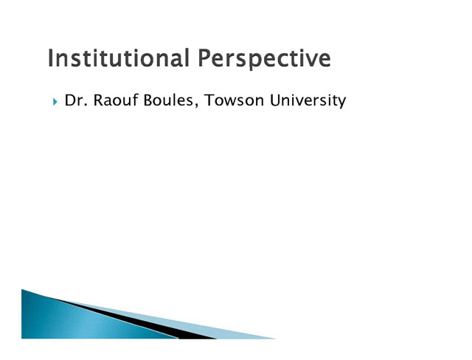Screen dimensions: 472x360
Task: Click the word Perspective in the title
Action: click(x=265, y=59)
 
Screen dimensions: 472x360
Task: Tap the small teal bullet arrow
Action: click(x=55, y=102)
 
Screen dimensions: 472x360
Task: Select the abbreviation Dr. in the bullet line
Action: click(x=76, y=100)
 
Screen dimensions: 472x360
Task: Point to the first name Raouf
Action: click(x=116, y=100)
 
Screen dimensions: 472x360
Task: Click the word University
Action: click(x=308, y=100)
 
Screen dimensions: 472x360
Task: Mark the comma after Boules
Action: click(x=197, y=105)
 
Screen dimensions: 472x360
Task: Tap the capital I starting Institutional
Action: click(x=50, y=58)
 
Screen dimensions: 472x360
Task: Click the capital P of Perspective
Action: click(x=205, y=58)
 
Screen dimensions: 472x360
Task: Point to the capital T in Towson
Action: click(x=209, y=100)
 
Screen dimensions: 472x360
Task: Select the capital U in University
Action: click(x=275, y=100)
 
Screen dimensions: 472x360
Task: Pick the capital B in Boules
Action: click(x=148, y=100)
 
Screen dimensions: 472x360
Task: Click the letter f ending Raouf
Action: click(x=135, y=100)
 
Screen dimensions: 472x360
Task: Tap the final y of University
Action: click(x=342, y=103)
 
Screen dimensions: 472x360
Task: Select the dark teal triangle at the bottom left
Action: click(x=75, y=319)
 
